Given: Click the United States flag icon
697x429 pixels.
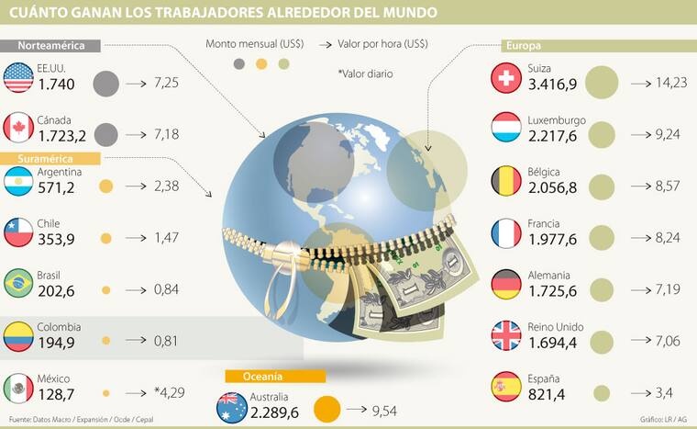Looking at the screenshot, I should click(x=19, y=77).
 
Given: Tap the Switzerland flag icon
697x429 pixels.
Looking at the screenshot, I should click(x=507, y=77).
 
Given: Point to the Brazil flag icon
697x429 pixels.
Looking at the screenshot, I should click(x=19, y=283).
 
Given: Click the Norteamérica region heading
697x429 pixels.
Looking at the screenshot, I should click(x=52, y=45).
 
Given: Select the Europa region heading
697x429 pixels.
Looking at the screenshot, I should click(x=523, y=45).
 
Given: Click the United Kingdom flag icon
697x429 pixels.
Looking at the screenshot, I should click(x=507, y=334).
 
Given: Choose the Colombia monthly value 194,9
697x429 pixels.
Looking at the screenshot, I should click(x=59, y=343).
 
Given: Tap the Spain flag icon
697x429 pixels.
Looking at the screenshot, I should click(x=507, y=386).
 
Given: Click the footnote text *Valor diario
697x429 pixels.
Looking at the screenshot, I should click(x=367, y=73).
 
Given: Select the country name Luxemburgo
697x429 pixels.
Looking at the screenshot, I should click(x=557, y=120).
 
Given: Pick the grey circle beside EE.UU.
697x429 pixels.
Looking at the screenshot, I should click(x=105, y=84).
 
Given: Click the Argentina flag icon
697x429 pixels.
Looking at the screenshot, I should click(x=19, y=180).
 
